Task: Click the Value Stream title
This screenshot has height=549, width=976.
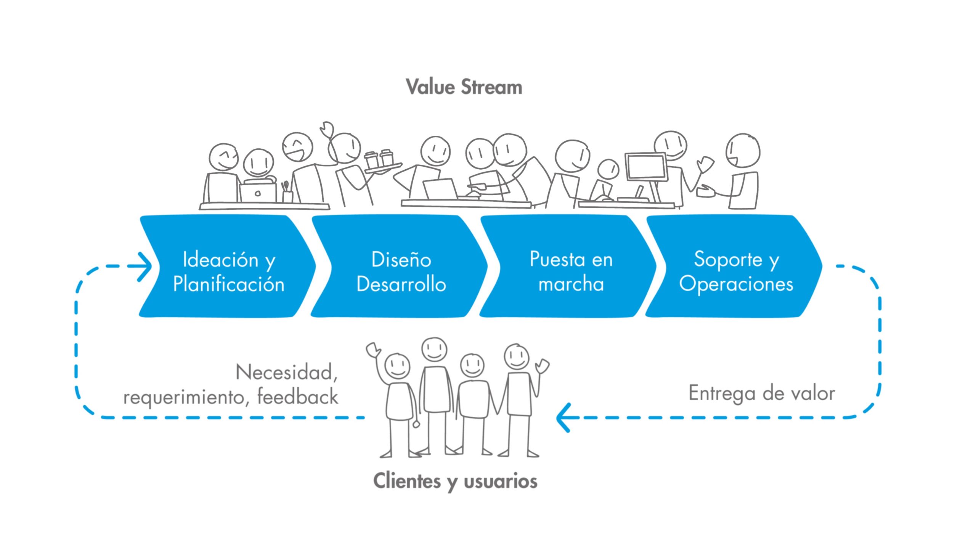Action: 464,87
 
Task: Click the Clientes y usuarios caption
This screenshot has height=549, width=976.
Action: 455,481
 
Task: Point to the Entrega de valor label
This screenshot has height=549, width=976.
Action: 761,393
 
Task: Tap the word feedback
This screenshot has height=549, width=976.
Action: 298,396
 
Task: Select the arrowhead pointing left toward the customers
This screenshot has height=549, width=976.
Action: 563,417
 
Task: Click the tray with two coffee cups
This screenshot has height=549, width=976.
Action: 382,163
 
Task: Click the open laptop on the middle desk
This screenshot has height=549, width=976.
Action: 441,189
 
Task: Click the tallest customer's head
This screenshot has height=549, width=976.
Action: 434,348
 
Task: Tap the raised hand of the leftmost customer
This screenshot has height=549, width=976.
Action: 373,349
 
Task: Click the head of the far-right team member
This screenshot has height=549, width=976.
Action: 743,150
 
